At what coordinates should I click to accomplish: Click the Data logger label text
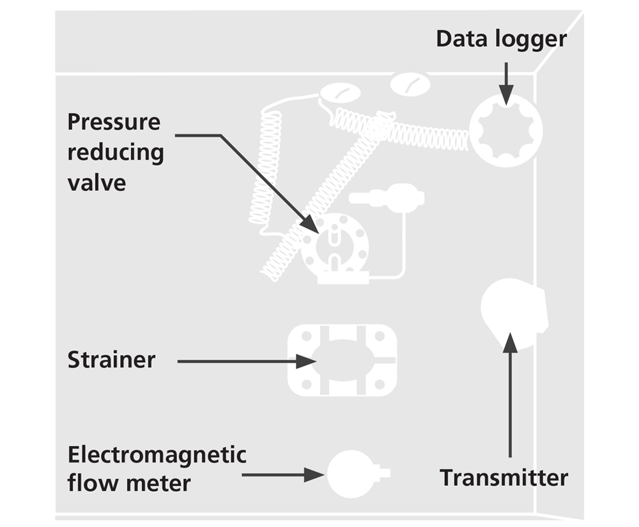(x=501, y=39)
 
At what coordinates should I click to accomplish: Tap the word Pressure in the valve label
(x=114, y=121)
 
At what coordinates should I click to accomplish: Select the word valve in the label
(x=96, y=183)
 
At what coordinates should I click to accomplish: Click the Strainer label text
(x=111, y=360)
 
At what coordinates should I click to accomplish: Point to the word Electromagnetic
(x=157, y=455)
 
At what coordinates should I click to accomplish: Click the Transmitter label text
(x=504, y=477)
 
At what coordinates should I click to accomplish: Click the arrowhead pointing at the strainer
(x=307, y=362)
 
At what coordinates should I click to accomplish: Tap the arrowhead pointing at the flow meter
(x=314, y=475)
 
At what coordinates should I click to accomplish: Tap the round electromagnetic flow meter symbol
(x=349, y=474)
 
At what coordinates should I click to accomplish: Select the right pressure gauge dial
(x=410, y=84)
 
